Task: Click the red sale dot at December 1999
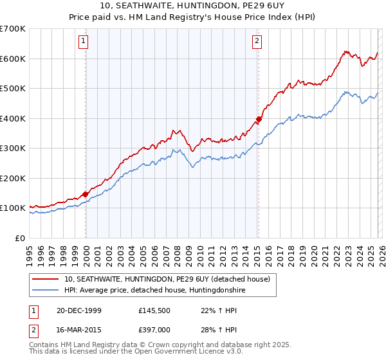[86, 194]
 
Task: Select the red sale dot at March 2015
[258, 119]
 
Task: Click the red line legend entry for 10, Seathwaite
[170, 278]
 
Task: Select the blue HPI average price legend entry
[154, 290]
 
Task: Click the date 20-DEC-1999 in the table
[75, 310]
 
